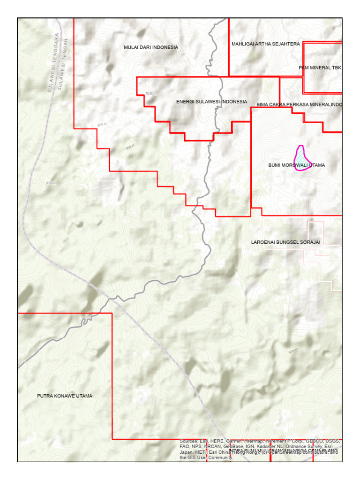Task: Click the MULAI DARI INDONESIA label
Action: coord(151,47)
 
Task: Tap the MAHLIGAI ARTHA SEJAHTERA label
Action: coord(266,44)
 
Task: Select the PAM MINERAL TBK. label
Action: coord(321,68)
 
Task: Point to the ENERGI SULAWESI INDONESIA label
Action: coord(211,102)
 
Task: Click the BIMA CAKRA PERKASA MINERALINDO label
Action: coord(299,104)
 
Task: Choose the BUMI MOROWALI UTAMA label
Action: coord(296,165)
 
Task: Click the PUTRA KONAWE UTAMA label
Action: coord(65,396)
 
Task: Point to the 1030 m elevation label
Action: coord(151,94)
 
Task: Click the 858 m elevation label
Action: coord(51,183)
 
